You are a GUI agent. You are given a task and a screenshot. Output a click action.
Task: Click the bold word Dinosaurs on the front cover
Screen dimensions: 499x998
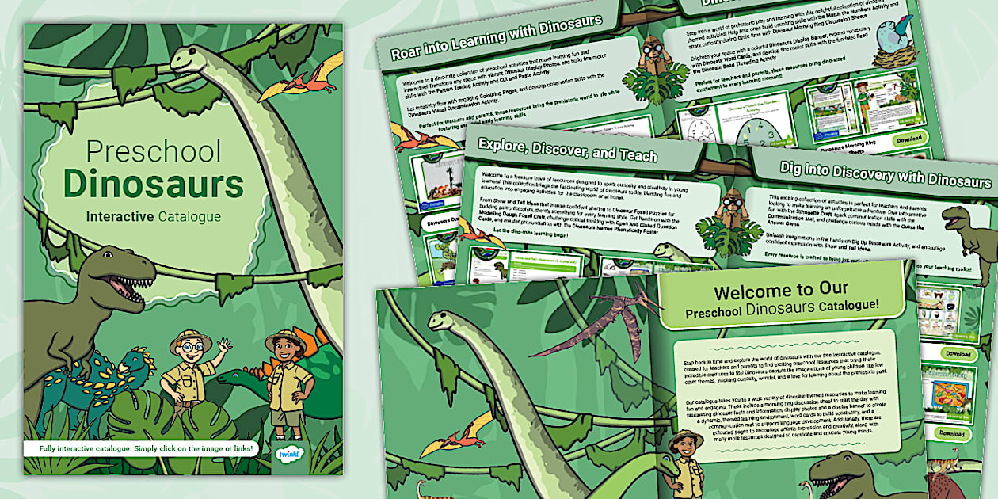(154, 185)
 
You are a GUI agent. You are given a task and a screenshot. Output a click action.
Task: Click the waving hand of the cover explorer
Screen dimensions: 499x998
(224, 346)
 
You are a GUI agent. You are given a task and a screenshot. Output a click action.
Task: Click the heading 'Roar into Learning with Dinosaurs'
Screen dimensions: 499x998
(496, 36)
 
